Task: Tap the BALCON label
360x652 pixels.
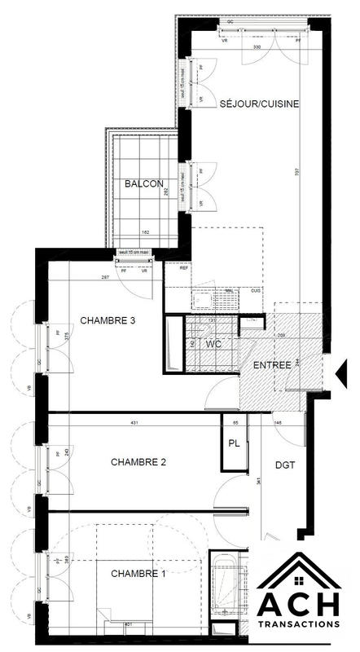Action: (x=144, y=184)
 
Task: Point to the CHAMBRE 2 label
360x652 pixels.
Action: (x=138, y=462)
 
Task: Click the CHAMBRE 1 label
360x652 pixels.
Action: (x=138, y=574)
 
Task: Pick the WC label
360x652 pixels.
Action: (x=214, y=345)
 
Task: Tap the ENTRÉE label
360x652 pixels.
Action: (x=271, y=364)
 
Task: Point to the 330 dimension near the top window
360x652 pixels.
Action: (x=257, y=48)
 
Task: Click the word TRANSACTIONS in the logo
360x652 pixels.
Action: (x=298, y=623)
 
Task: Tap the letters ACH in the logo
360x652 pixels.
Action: (x=298, y=602)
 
